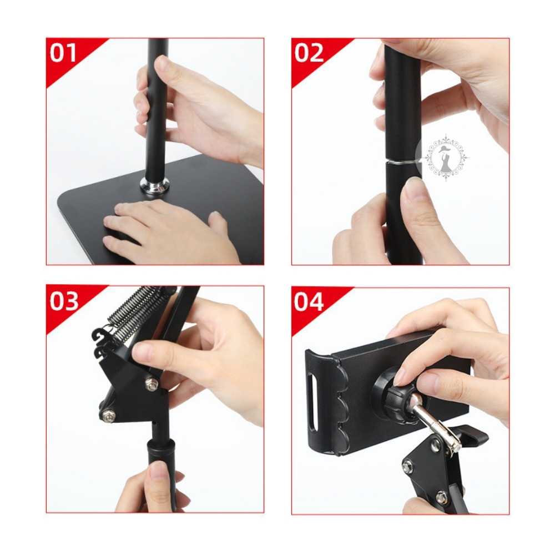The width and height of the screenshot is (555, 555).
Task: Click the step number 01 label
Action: [x=63, y=53]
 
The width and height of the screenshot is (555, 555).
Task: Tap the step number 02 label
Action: [x=309, y=53]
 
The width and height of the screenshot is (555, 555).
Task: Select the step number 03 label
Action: [x=64, y=301]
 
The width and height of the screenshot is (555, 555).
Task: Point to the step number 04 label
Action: [x=309, y=301]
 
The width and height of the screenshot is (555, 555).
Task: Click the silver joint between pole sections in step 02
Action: [x=403, y=163]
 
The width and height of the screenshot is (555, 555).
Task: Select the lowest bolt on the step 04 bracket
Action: [x=441, y=497]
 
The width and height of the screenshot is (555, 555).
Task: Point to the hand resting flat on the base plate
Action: [x=167, y=231]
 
